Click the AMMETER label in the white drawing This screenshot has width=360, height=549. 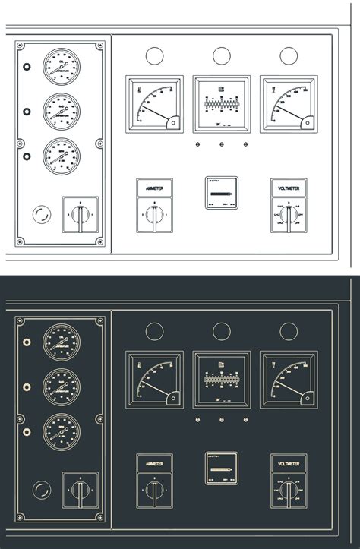point(154,187)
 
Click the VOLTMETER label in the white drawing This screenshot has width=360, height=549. point(289,187)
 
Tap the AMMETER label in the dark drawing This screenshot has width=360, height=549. point(154,462)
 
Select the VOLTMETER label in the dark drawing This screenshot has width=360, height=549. point(289,462)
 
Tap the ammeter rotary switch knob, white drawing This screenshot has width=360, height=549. point(154,216)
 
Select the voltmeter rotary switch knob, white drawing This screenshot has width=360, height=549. point(289,216)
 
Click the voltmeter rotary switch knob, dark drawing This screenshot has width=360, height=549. point(289,492)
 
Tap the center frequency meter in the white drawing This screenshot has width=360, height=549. point(221,103)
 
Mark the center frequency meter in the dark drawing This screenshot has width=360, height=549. point(221,378)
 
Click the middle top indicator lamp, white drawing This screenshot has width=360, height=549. point(221,55)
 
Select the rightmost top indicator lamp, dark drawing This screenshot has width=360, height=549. point(289,331)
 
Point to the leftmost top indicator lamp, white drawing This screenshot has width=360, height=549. point(154,55)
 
